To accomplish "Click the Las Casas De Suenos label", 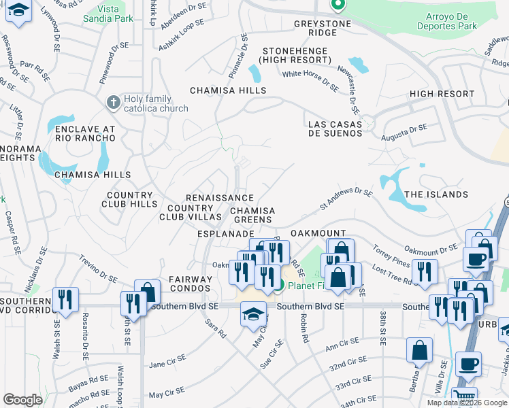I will (x=335, y=129).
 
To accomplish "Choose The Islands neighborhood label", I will (x=436, y=194).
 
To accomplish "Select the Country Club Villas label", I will (x=191, y=212).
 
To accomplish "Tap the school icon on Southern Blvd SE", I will (x=254, y=314).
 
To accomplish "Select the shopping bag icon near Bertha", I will (x=419, y=350).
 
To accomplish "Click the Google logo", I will (x=22, y=400).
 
